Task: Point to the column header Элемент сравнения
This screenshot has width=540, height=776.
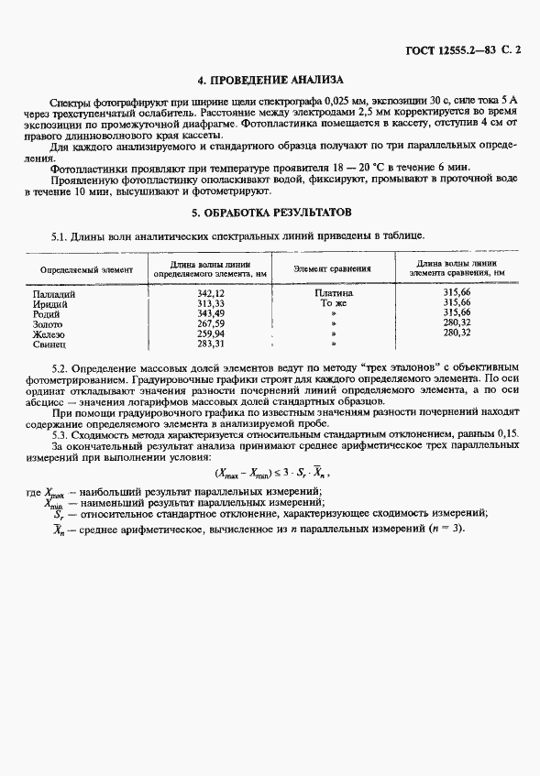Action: click(x=332, y=269)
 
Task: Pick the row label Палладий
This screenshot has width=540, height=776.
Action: click(x=53, y=293)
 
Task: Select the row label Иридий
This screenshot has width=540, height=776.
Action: click(x=50, y=303)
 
